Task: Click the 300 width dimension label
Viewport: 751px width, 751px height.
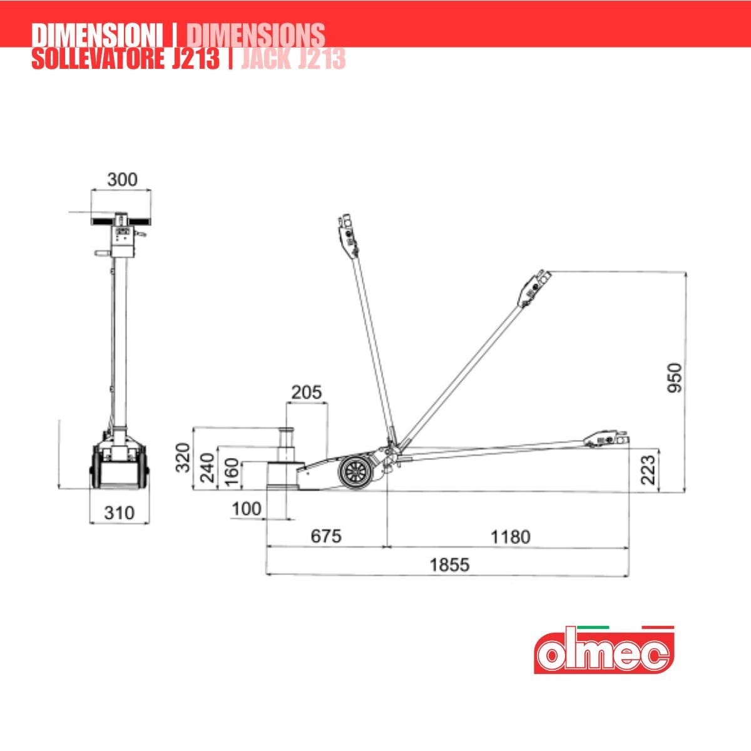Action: (x=123, y=180)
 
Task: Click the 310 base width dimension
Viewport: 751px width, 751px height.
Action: (x=120, y=513)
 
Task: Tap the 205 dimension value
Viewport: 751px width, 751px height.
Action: (x=307, y=392)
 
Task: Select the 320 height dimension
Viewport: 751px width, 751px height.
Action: (x=183, y=457)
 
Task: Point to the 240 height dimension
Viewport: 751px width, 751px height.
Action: (x=207, y=467)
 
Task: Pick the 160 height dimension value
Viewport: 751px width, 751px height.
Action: (x=232, y=472)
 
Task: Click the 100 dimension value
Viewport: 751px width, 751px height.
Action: (x=247, y=509)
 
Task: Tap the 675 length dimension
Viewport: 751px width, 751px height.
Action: (x=326, y=536)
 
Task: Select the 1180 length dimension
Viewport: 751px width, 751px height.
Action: (x=511, y=537)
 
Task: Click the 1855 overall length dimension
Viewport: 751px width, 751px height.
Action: (x=450, y=565)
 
